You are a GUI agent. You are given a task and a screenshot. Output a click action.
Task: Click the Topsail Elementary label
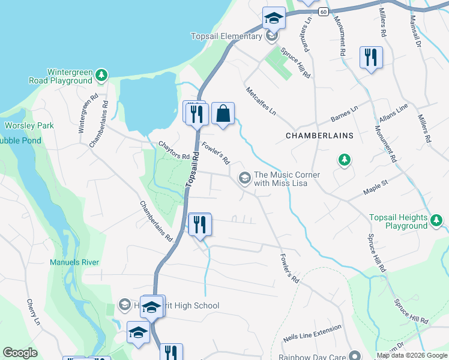tap(226, 37)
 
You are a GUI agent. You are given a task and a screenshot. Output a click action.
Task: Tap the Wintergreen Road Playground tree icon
tap(102, 74)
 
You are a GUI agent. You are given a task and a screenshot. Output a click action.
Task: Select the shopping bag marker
tap(223, 113)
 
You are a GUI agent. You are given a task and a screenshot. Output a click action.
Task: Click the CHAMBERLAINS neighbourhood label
tap(319, 136)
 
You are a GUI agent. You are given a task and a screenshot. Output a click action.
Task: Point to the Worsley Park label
tap(29, 125)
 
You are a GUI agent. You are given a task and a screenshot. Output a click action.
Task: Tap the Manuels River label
tap(74, 262)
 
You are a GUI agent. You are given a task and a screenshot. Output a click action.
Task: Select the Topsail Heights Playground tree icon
tap(437, 222)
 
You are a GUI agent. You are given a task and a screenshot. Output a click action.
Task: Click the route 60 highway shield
tap(323, 11)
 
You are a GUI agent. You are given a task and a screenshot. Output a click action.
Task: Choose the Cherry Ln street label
tap(32, 313)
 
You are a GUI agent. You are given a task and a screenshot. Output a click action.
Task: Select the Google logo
tap(20, 353)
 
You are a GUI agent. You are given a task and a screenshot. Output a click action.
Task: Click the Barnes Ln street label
tap(344, 113)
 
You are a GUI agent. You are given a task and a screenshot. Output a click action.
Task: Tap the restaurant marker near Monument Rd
tap(370, 58)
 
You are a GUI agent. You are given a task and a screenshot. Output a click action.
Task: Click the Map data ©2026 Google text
tap(411, 355)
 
